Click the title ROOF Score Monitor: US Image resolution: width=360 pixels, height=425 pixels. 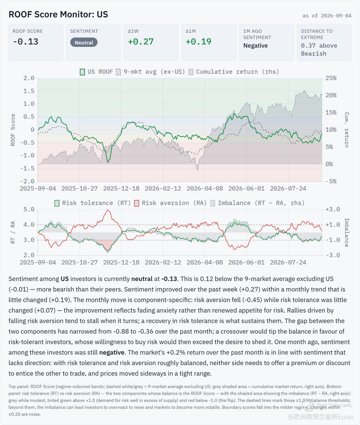[x=58, y=14]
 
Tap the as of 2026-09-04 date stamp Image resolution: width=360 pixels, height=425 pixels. [x=327, y=16]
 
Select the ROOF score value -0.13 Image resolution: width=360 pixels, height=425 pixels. [x=25, y=41]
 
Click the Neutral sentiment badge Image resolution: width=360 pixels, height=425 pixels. [x=84, y=42]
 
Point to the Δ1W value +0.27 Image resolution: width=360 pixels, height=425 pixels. [x=141, y=41]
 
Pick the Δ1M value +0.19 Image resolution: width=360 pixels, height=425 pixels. [x=198, y=41]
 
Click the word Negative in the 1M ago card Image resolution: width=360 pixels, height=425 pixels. [x=256, y=45]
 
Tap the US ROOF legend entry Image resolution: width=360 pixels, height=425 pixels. [x=96, y=72]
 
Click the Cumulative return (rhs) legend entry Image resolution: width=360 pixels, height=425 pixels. [x=234, y=72]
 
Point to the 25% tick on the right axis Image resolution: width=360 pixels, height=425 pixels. [x=331, y=78]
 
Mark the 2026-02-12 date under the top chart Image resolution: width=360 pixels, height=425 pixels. [x=163, y=188]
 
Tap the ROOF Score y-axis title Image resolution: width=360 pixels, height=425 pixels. [x=13, y=130]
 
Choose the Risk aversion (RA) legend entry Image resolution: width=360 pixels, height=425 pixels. [x=171, y=203]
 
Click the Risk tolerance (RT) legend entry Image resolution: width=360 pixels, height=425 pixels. [x=92, y=203]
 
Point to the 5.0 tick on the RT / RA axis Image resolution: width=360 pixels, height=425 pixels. [x=29, y=209]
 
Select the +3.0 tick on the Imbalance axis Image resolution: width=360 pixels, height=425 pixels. [x=333, y=209]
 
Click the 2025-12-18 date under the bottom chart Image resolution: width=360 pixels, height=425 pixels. [x=121, y=263]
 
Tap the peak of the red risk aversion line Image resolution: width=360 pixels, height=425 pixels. [x=108, y=210]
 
